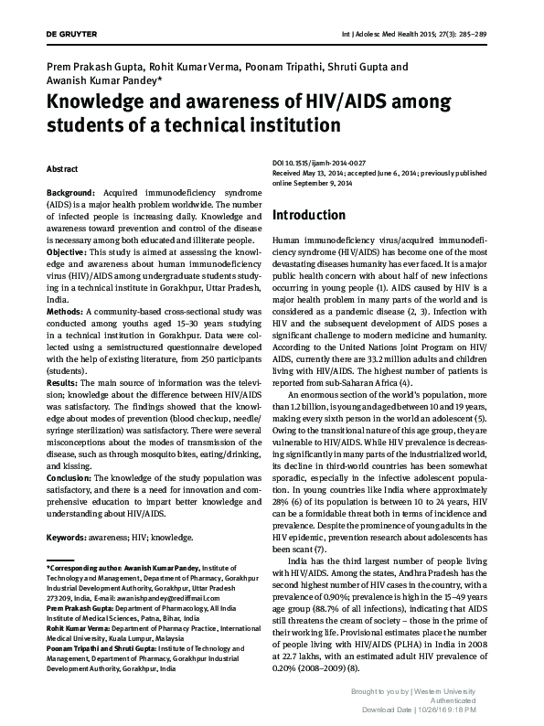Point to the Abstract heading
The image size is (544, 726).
pos(62,170)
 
